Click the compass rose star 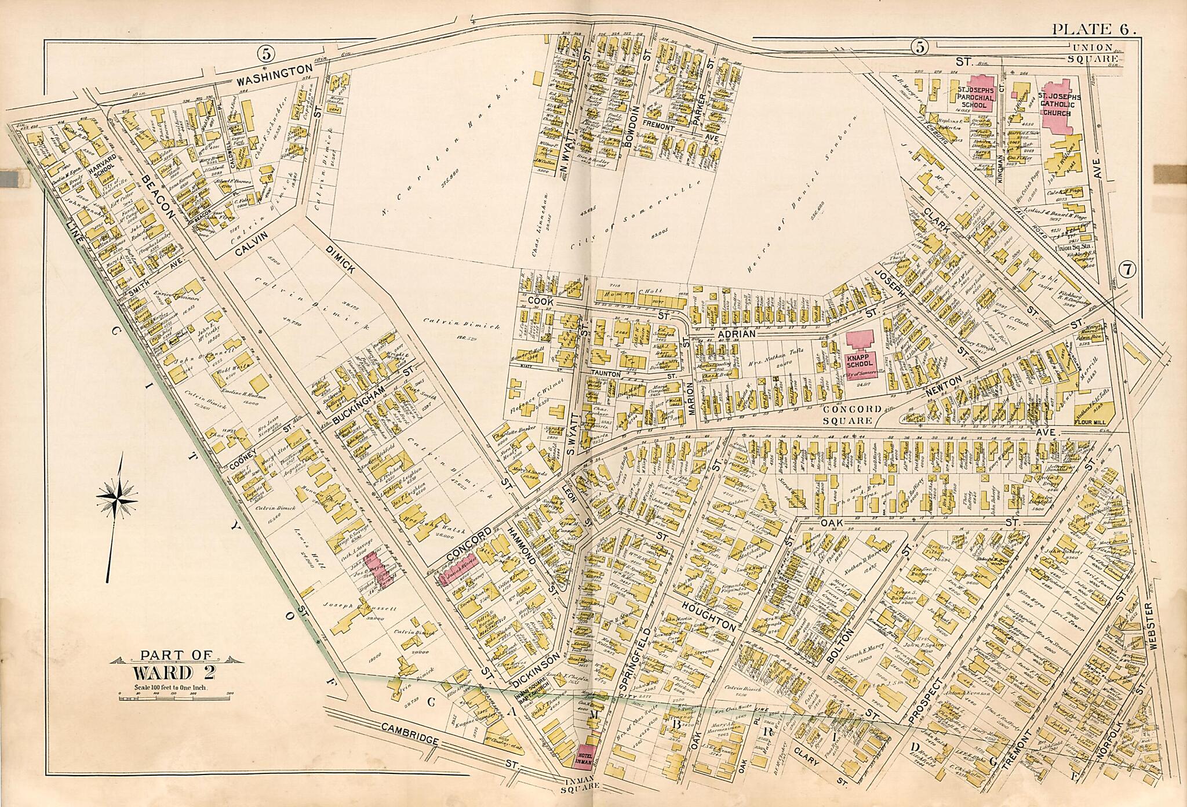click(118, 497)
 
